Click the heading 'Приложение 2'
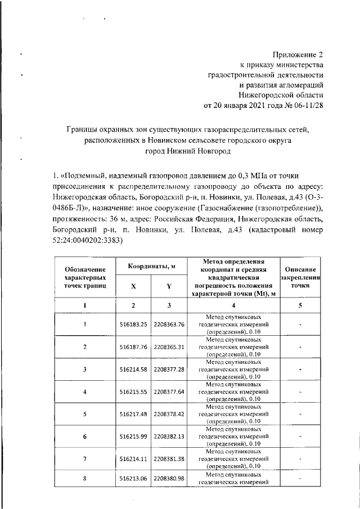298,55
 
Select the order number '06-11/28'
308,105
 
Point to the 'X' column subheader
133,286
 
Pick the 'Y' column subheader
169,286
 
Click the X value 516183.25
133,325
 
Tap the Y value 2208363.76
169,325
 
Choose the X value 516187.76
133,347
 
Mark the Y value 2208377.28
169,369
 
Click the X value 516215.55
133,391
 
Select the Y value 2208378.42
169,414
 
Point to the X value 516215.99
133,436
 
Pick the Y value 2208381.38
169,458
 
